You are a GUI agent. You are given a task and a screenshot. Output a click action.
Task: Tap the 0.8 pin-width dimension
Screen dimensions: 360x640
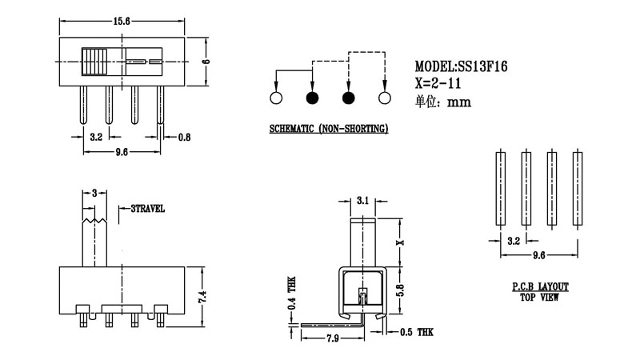point(183,137)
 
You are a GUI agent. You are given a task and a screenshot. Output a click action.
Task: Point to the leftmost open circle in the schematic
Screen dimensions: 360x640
point(277,99)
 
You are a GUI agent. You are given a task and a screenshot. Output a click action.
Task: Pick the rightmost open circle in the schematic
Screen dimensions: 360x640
point(384,99)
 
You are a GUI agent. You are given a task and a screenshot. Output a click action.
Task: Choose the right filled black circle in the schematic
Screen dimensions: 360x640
point(349,99)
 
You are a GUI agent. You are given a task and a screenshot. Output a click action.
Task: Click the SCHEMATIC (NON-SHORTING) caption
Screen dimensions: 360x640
point(329,129)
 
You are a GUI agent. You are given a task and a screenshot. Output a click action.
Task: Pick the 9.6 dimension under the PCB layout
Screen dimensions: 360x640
point(538,255)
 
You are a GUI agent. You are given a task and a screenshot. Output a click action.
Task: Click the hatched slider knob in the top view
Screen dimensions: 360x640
point(94,62)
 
